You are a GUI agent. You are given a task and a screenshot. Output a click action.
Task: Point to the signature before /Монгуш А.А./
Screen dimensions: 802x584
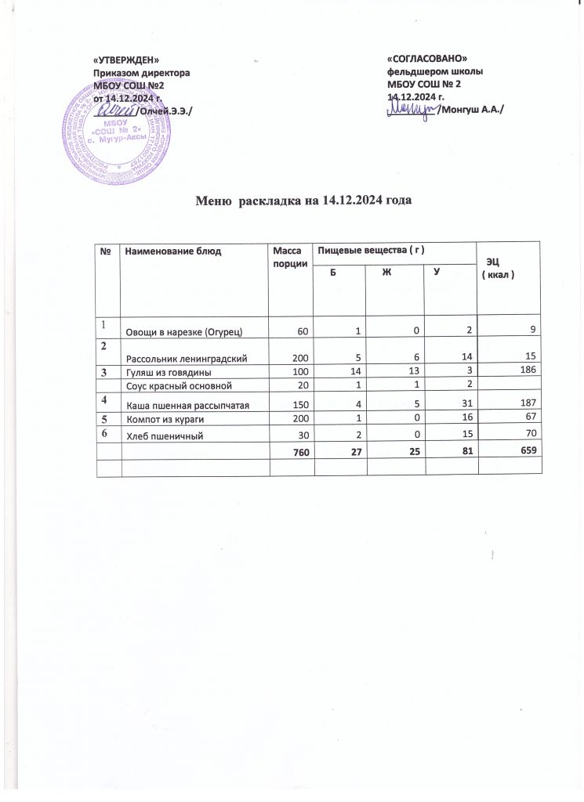click(412, 110)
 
